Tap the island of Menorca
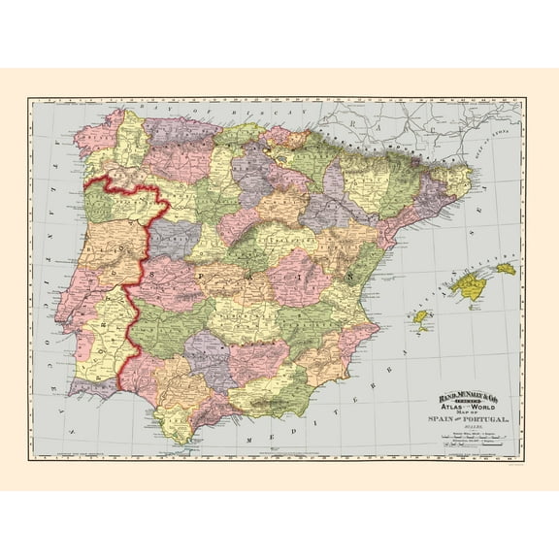pos(506,268)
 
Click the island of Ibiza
pos(420,316)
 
